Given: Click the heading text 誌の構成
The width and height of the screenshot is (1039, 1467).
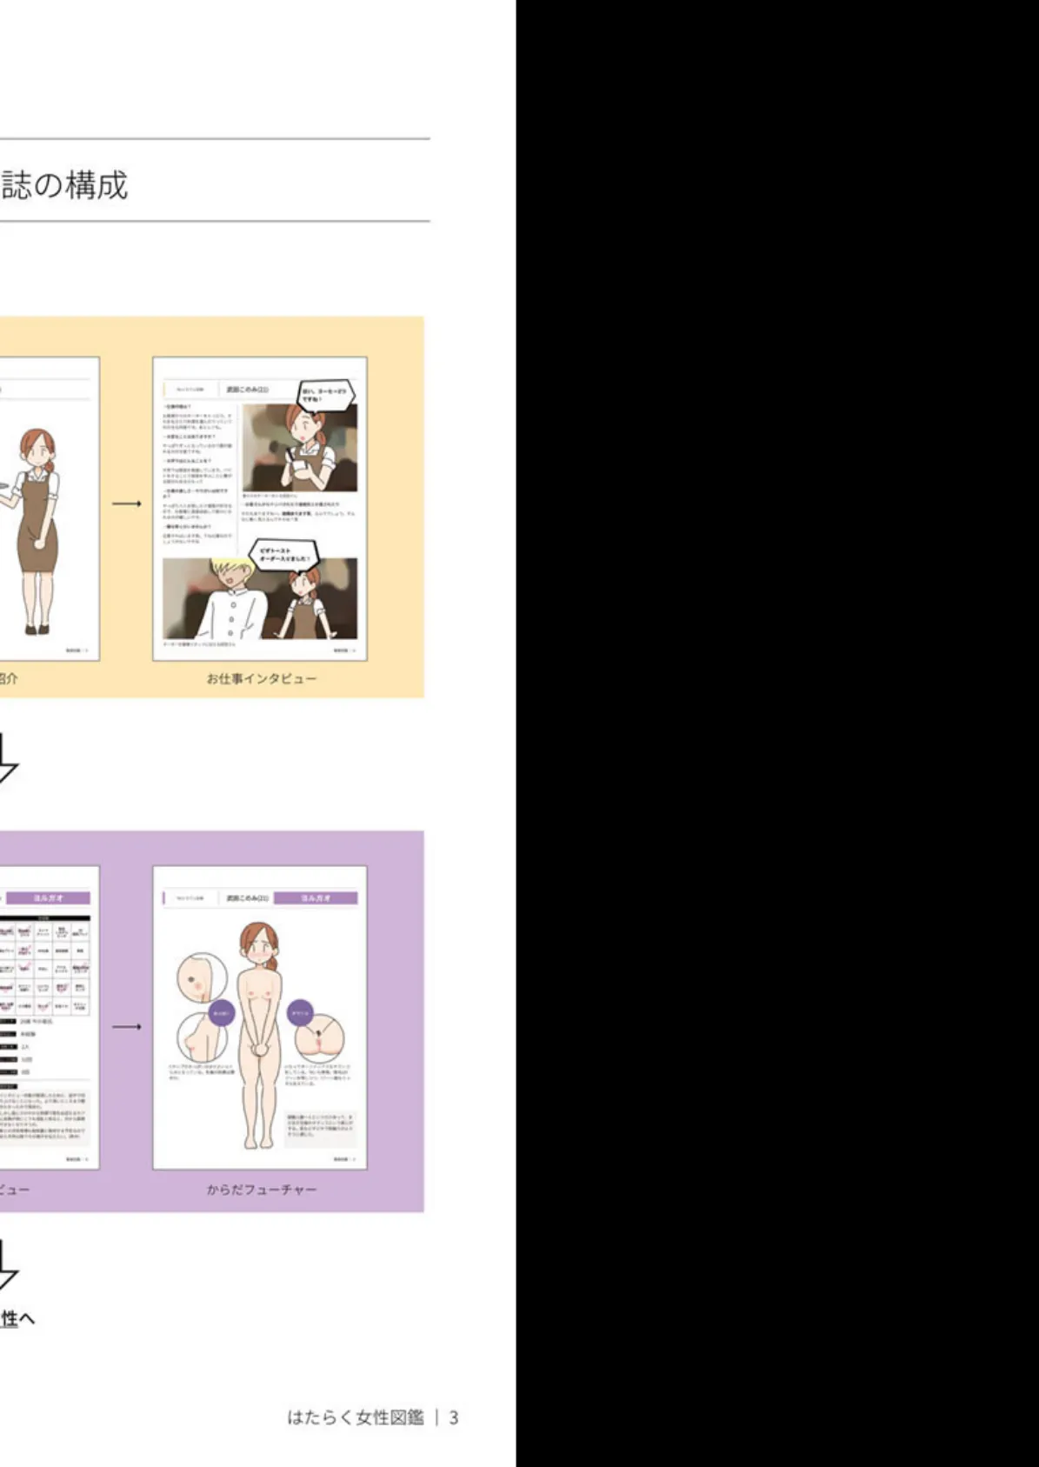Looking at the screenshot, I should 64,185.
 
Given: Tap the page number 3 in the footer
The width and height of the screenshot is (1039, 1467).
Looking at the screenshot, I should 453,1417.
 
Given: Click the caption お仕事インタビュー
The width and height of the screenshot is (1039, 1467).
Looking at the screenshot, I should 261,678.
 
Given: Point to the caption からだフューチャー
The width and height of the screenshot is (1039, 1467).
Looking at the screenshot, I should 261,1189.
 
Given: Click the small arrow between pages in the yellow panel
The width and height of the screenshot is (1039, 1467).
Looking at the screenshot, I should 126,503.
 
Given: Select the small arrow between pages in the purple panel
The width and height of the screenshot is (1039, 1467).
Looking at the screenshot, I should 126,1027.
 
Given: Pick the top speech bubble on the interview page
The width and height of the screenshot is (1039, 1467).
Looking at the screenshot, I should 324,396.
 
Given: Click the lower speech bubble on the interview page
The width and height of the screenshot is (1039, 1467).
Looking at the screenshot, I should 282,554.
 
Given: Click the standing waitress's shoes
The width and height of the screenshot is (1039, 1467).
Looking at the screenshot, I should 37,628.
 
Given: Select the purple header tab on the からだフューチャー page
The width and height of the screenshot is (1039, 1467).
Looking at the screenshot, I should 328,897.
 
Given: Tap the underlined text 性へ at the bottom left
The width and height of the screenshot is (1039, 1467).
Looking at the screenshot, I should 17,1318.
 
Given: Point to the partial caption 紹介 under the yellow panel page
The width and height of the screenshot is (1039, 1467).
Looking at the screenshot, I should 8,678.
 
